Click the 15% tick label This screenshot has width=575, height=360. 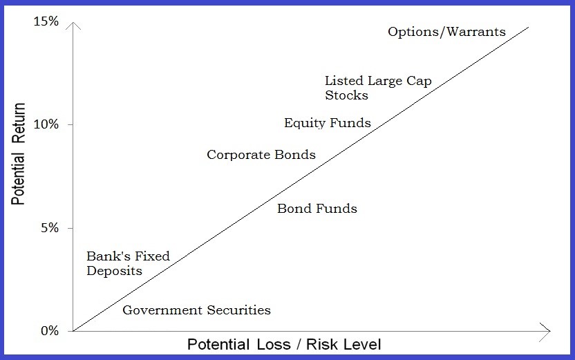tap(46, 21)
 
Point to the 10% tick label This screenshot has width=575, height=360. tap(46, 124)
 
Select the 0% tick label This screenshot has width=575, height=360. tap(49, 330)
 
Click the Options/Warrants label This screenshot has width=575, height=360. tap(446, 32)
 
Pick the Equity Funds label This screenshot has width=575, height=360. tap(328, 124)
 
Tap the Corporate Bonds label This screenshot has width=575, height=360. tap(261, 155)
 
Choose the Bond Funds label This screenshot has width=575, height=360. tap(317, 208)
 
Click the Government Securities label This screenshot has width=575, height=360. tap(196, 310)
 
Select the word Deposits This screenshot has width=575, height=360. tap(114, 272)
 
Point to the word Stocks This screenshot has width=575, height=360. tap(346, 95)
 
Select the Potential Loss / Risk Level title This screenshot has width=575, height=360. tap(285, 343)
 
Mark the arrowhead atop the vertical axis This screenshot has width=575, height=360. tap(72, 26)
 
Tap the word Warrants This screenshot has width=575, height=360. tap(476, 32)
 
